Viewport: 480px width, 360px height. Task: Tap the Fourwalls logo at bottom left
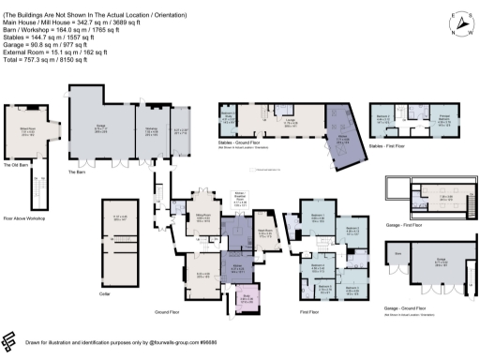pyautogui.click(x=11, y=341)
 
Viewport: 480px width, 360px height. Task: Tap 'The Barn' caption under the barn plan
pyautogui.click(x=77, y=172)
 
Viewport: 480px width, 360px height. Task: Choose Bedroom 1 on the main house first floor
pyautogui.click(x=315, y=218)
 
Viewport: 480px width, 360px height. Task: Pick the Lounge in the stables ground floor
pyautogui.click(x=292, y=122)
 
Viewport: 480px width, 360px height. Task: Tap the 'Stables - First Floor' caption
pyautogui.click(x=387, y=146)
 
